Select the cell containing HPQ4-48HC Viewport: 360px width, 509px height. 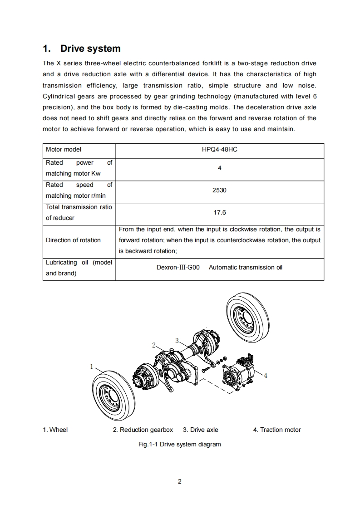(219, 149)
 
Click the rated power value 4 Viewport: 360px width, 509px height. (219, 168)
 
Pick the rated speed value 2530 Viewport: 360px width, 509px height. (219, 191)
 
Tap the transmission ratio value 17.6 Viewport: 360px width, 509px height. (219, 212)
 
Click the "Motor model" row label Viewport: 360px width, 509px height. (64, 149)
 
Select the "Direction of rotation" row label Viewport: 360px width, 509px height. (73, 240)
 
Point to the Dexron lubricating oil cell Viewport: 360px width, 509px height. (219, 268)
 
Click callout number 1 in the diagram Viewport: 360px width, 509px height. (92, 366)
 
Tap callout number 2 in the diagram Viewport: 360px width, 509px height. (154, 345)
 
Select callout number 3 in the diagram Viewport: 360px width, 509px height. (177, 340)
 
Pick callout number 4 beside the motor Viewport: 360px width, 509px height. (266, 376)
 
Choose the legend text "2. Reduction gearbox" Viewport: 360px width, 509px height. (143, 430)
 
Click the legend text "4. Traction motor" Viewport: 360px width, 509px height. (277, 430)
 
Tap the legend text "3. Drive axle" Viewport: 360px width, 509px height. (200, 430)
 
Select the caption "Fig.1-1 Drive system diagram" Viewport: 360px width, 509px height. (179, 445)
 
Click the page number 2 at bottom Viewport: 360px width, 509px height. (180, 482)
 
